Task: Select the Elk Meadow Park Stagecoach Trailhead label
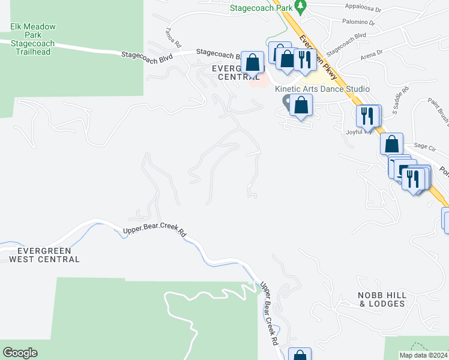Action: click(33, 39)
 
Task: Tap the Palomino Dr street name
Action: click(360, 23)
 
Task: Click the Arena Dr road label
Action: click(372, 55)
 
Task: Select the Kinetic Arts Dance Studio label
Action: click(322, 89)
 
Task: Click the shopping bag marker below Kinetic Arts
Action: click(301, 106)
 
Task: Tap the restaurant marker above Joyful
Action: click(368, 115)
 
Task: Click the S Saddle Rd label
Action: click(400, 100)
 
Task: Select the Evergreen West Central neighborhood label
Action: click(44, 255)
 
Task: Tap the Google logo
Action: click(20, 353)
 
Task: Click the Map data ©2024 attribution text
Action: click(423, 355)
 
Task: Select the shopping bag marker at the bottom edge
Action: click(300, 355)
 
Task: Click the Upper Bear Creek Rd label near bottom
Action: click(268, 312)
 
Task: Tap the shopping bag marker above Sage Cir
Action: click(391, 144)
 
